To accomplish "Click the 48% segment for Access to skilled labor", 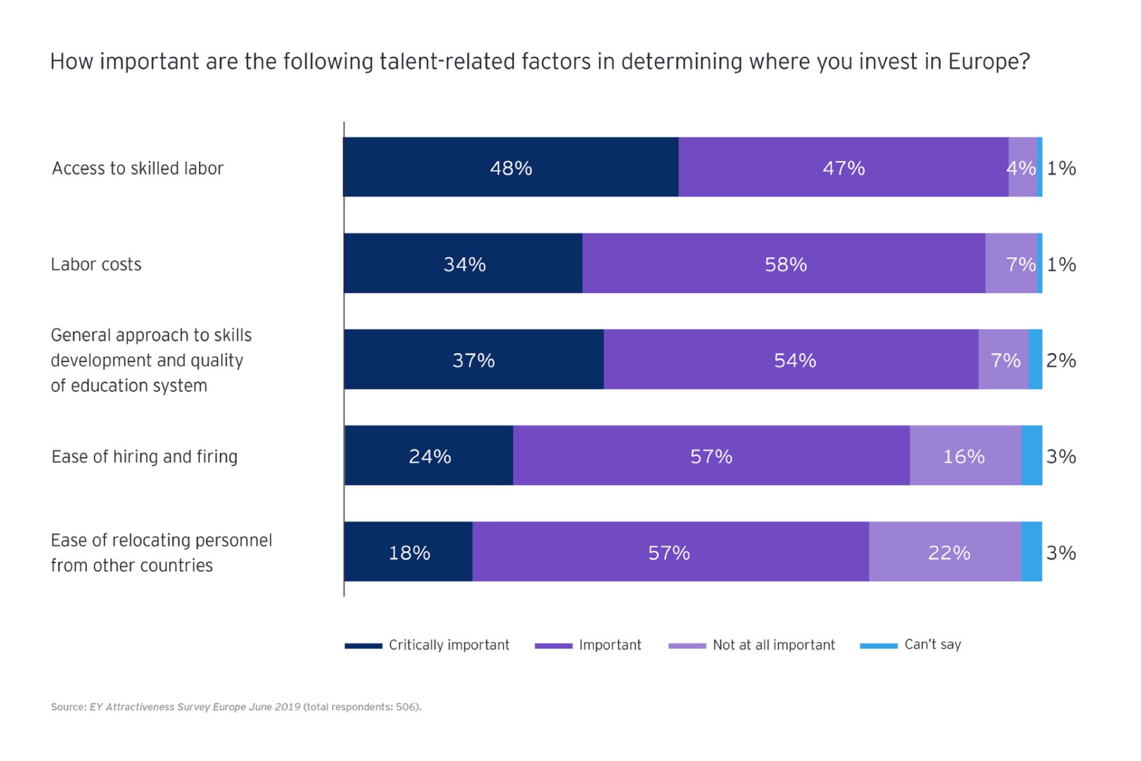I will click(x=511, y=167).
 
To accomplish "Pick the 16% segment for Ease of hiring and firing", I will click(x=964, y=456).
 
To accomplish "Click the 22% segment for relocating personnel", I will click(x=948, y=552).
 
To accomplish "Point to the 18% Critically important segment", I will click(x=409, y=552).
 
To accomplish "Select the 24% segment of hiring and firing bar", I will click(x=430, y=456).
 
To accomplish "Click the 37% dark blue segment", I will click(x=474, y=360).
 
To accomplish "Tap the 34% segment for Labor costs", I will click(x=464, y=264).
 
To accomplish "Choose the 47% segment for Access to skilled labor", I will click(x=843, y=167).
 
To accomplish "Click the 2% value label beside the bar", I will click(x=1061, y=361).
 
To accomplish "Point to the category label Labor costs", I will click(x=96, y=264).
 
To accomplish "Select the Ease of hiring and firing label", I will click(x=144, y=457).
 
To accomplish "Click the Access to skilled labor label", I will click(x=138, y=168).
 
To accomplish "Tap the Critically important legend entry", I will click(x=448, y=645).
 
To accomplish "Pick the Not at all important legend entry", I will click(x=773, y=645).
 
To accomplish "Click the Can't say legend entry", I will click(x=932, y=644).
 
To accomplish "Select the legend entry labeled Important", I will click(x=609, y=645).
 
